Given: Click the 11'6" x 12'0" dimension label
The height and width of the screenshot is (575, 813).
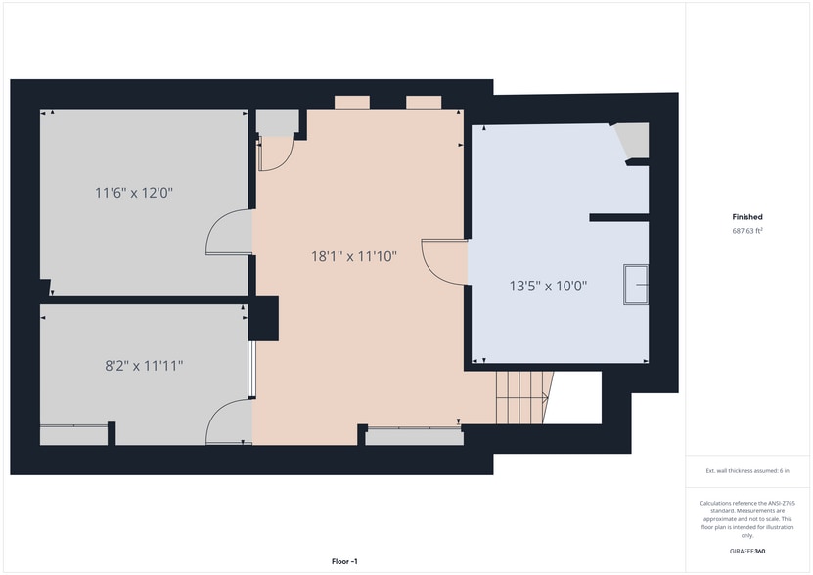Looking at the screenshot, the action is pos(134,193).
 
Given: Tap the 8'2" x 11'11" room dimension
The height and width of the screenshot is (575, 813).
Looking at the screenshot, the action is pos(144,366).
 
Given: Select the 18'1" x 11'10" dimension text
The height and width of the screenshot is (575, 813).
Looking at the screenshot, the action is pos(354,256).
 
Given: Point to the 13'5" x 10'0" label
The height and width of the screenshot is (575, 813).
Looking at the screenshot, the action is pos(548,286).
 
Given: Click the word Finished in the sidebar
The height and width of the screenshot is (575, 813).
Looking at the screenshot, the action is pos(747,217).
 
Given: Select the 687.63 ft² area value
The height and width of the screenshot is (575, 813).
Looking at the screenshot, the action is pos(747,231).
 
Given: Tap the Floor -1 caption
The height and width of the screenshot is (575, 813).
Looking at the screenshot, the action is pos(344,561).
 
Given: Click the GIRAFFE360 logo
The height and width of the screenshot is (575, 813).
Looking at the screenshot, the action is pos(747,552).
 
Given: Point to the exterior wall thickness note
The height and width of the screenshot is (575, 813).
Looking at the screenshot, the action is pos(747,471).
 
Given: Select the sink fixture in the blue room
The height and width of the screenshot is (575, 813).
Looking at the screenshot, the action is pos(636,285).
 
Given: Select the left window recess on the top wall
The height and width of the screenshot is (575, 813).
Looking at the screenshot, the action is pos(352,102).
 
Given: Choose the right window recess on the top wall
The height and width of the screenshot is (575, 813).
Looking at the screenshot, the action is pos(424,102).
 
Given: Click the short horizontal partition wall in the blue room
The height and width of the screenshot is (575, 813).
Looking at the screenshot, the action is pos(619,218).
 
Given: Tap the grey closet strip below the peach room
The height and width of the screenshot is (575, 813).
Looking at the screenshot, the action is pos(414,436).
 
